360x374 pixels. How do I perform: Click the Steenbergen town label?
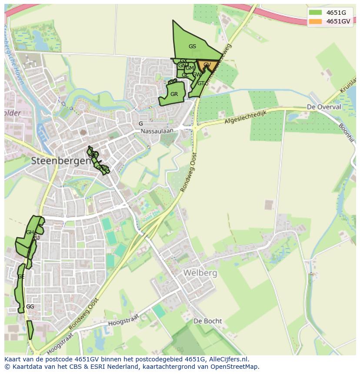[61, 160]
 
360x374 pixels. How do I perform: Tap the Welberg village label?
[200, 273]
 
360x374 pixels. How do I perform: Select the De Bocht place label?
[207, 321]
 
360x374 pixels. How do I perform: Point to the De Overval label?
[323, 106]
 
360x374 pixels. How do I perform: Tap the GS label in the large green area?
[192, 46]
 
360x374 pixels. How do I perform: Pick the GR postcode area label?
[174, 94]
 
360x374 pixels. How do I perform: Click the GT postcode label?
[201, 83]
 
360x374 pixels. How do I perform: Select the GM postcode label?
[190, 68]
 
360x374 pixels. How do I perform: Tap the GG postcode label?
[30, 306]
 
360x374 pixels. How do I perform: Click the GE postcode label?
[21, 277]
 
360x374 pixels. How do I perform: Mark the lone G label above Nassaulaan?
[140, 124]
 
